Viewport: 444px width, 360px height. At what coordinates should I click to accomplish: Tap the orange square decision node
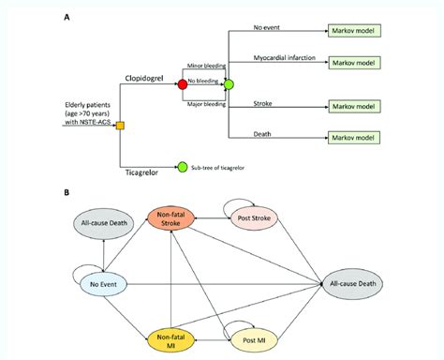tap(120, 125)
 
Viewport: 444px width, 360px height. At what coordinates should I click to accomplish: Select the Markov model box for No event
tap(353, 30)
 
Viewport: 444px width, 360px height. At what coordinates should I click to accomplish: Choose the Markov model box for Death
tap(353, 139)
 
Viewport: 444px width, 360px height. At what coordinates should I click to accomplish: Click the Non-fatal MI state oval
tap(170, 338)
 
